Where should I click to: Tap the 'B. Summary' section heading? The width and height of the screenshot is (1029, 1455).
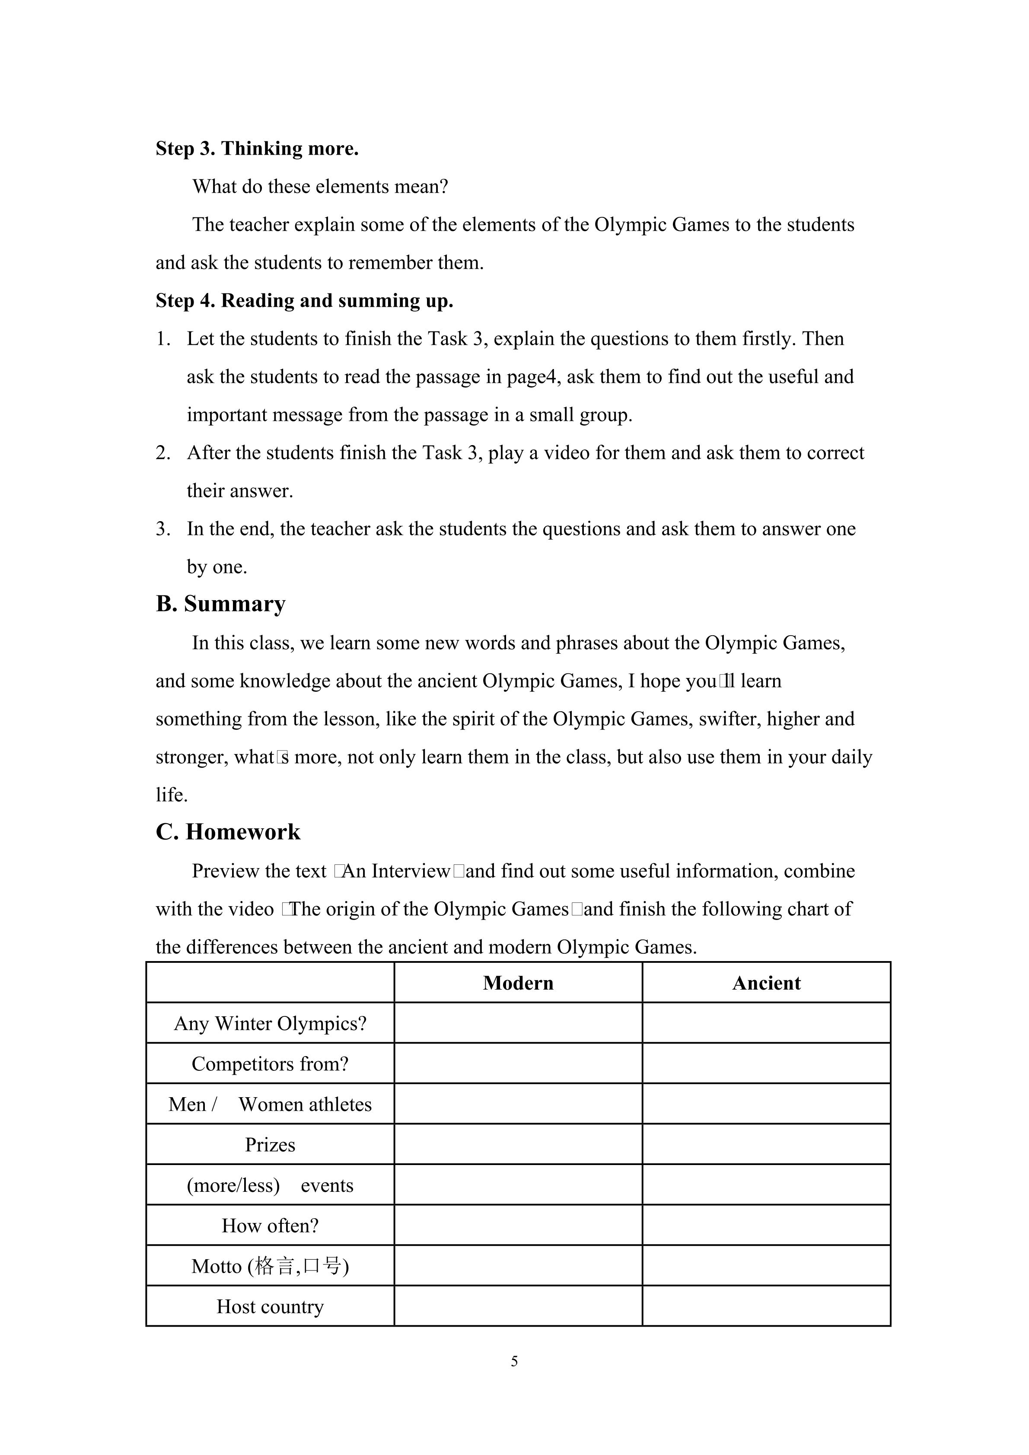(220, 604)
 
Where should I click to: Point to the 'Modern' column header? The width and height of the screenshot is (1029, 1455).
(518, 983)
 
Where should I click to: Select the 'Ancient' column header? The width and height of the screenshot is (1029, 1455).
(766, 983)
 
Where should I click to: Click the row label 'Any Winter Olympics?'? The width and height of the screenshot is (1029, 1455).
(270, 1023)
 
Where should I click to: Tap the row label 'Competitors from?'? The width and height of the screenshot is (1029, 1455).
(270, 1064)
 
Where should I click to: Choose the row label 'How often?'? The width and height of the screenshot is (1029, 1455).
(270, 1226)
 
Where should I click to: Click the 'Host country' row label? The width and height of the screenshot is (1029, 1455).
(270, 1307)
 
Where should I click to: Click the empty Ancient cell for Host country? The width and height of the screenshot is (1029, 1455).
(766, 1307)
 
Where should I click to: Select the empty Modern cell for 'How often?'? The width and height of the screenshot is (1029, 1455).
(518, 1226)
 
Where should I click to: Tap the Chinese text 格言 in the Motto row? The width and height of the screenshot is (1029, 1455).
(275, 1266)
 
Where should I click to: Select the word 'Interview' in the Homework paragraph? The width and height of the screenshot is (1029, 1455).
(411, 871)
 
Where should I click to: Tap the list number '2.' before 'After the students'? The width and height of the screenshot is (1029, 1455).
(163, 453)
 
